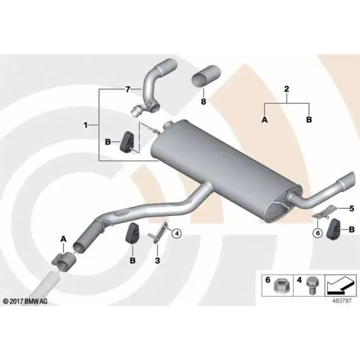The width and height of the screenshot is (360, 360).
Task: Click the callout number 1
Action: tap(86, 125)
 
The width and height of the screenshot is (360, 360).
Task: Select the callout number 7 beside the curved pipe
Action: tap(128, 89)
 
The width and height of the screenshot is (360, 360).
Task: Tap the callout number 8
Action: tap(203, 101)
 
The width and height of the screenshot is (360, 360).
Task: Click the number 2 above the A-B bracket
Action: tap(287, 89)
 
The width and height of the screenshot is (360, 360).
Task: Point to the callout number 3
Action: tap(157, 260)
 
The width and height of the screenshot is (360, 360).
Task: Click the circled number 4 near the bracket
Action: tap(176, 233)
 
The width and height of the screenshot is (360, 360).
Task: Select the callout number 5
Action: tap(352, 209)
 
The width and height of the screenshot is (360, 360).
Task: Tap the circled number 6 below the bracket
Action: tap(318, 233)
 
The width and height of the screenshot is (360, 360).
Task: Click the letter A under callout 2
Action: tap(265, 119)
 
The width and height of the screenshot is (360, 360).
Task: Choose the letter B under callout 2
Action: tap(309, 119)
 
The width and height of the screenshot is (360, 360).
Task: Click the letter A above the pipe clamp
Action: tap(64, 239)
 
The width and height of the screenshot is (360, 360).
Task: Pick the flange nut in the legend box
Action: tap(280, 286)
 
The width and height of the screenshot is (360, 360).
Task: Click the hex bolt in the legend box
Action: tap(311, 286)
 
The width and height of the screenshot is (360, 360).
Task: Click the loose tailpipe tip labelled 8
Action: tap(206, 76)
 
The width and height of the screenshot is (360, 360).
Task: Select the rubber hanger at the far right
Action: tap(332, 229)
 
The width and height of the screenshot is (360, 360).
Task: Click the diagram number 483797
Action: tap(342, 301)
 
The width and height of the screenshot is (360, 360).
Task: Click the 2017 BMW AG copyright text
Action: tap(25, 301)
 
